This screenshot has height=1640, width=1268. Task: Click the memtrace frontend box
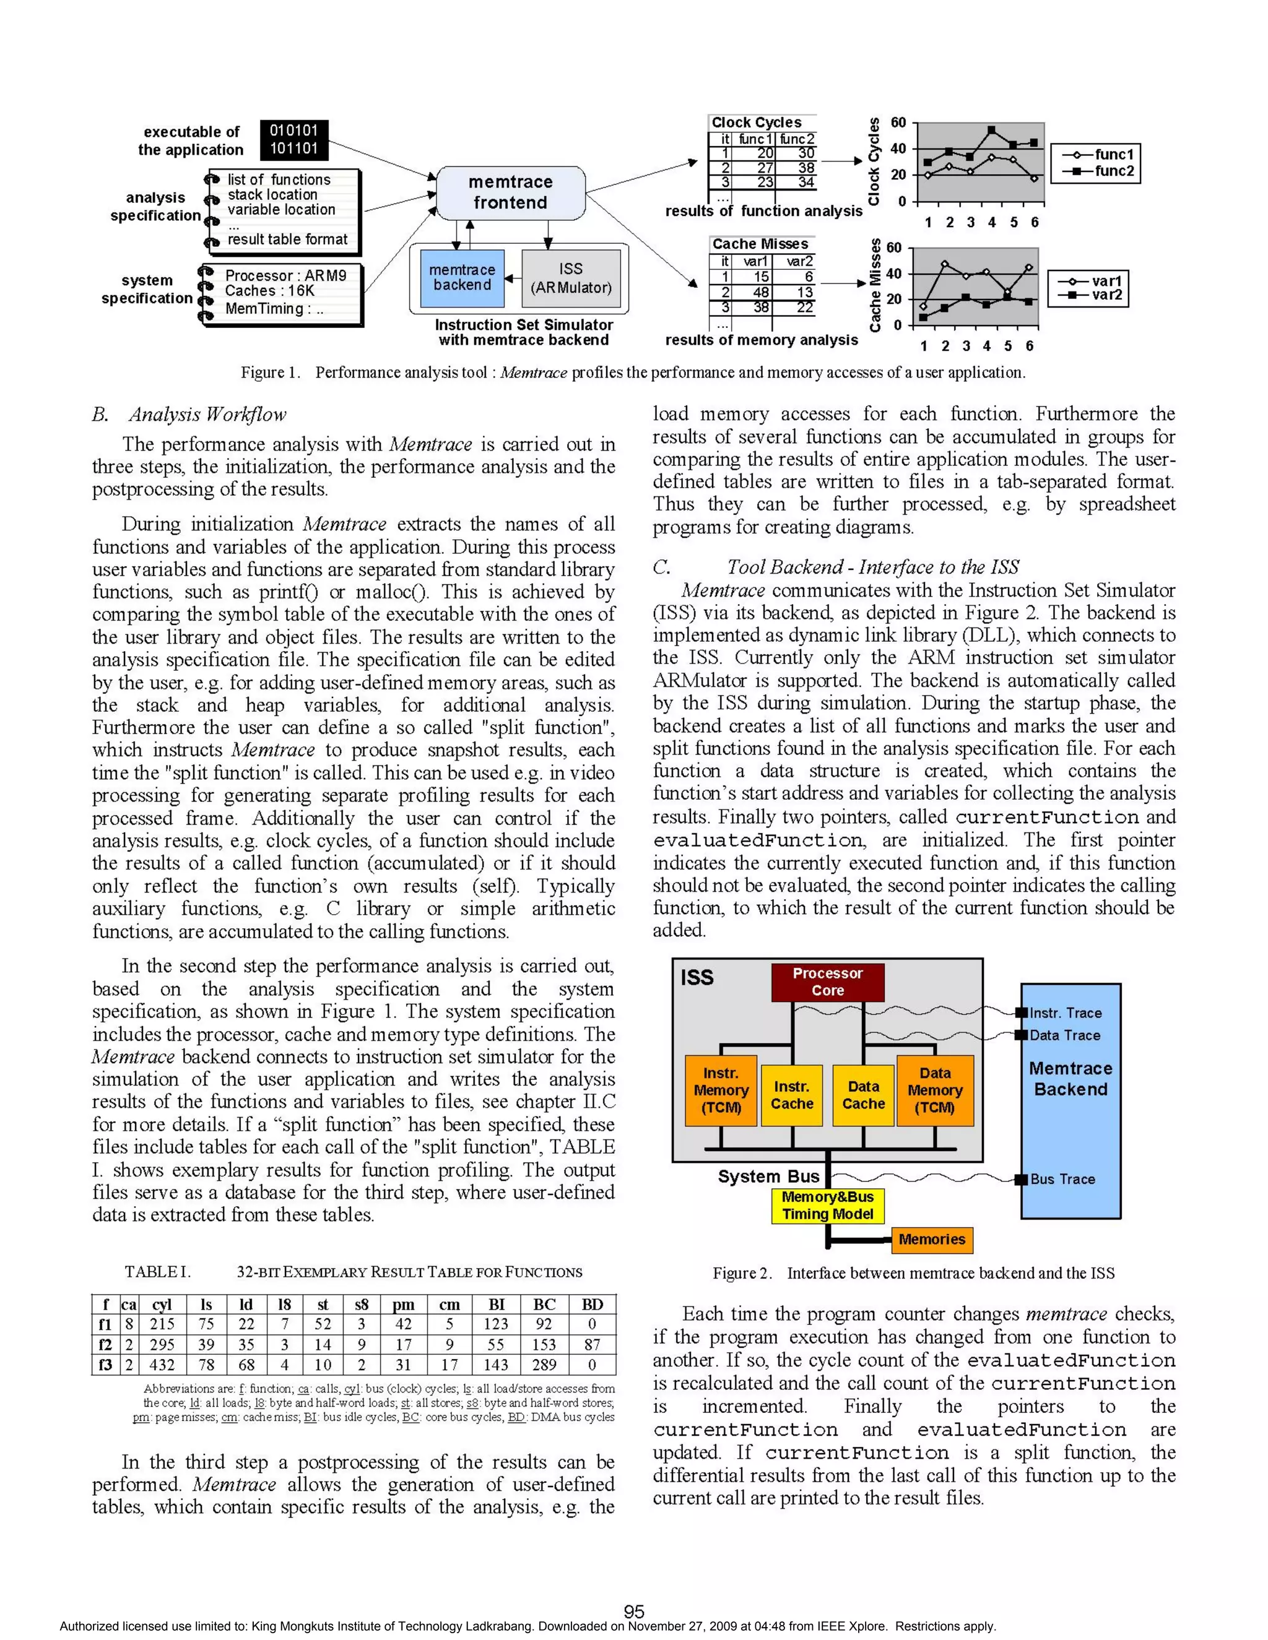[x=510, y=192]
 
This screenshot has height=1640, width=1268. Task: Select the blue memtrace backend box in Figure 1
[x=462, y=278]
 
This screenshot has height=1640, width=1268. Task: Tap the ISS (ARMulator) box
[x=571, y=278]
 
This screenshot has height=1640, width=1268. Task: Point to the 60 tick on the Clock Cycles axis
[x=898, y=123]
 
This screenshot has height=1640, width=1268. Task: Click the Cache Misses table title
[x=760, y=244]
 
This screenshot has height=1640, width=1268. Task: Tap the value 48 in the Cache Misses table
[x=760, y=292]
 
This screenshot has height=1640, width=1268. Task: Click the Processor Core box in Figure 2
[x=827, y=982]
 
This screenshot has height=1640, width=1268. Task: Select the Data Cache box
[x=863, y=1095]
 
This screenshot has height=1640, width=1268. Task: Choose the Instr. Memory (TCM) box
[x=721, y=1090]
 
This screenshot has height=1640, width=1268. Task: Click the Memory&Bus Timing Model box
[x=827, y=1205]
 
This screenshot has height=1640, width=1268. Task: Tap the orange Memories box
[x=931, y=1239]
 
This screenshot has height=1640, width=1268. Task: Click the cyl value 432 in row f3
[x=162, y=1365]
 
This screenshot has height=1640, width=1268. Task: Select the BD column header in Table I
[x=592, y=1305]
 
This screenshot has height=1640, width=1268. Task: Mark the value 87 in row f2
[x=592, y=1344]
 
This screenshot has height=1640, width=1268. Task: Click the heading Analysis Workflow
[x=207, y=415]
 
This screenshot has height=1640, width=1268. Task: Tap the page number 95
[x=634, y=1612]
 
